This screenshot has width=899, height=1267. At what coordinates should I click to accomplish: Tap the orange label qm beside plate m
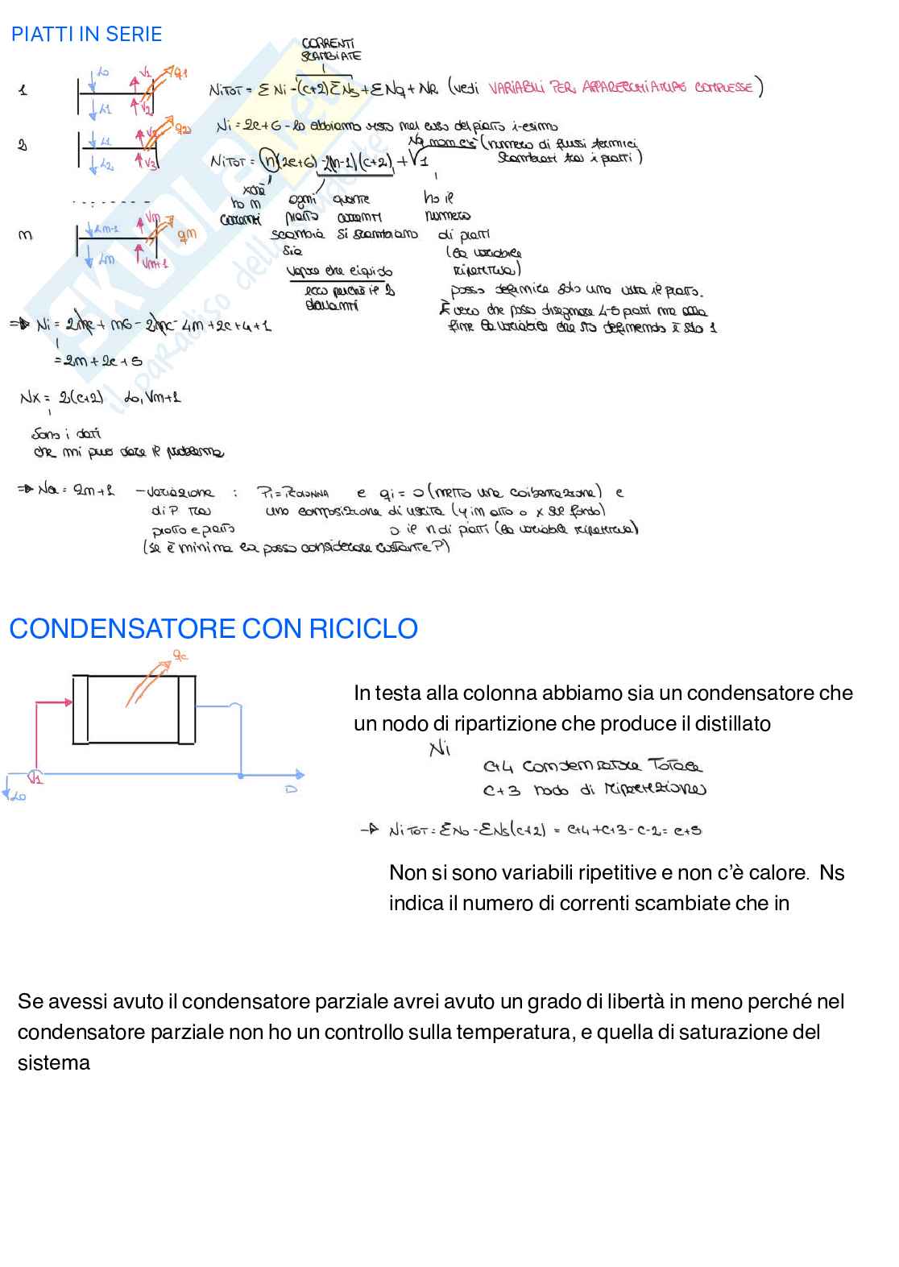(187, 234)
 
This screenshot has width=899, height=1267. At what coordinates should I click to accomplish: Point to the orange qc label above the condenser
(180, 655)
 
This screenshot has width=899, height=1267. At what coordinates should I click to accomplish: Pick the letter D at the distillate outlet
(292, 789)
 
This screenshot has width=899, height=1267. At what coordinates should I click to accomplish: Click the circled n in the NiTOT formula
(267, 160)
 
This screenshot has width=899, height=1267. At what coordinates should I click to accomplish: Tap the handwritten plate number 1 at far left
(23, 90)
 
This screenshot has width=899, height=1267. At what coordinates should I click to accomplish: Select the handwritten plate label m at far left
(25, 235)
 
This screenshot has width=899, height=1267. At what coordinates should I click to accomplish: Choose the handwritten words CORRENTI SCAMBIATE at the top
(330, 50)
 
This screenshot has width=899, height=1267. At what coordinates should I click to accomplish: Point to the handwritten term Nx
(30, 397)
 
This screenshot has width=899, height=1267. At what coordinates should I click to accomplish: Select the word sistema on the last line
(53, 1063)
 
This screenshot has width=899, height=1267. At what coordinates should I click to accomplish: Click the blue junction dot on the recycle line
(242, 775)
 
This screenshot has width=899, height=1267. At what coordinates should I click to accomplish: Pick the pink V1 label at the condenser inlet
(35, 778)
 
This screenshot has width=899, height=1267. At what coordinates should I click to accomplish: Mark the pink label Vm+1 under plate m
(155, 263)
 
